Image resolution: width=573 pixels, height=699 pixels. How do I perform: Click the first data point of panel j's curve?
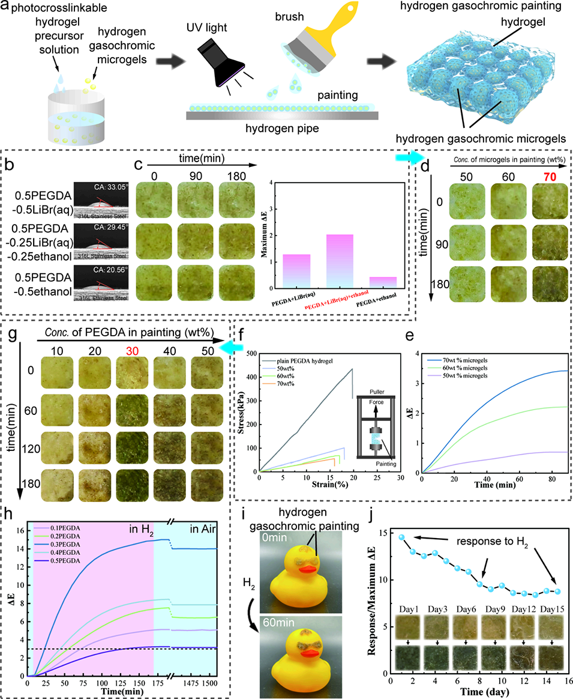coord(401,537)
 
